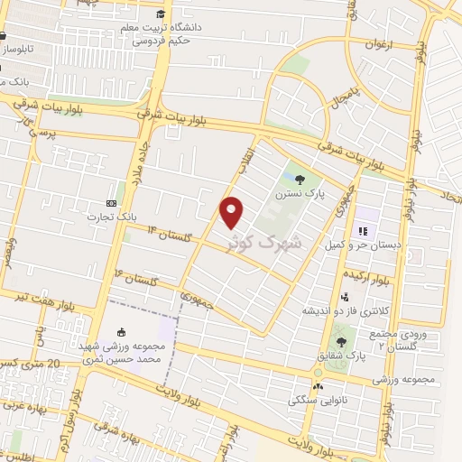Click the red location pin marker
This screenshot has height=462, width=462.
coord(233,211)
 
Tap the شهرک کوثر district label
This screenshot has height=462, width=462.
coord(281,243)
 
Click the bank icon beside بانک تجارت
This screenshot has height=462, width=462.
coord(111,203)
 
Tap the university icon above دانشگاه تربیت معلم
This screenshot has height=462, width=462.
coord(161,14)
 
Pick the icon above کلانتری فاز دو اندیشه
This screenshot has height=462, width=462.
coord(344,296)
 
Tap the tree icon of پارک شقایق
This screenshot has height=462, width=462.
coord(340,342)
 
